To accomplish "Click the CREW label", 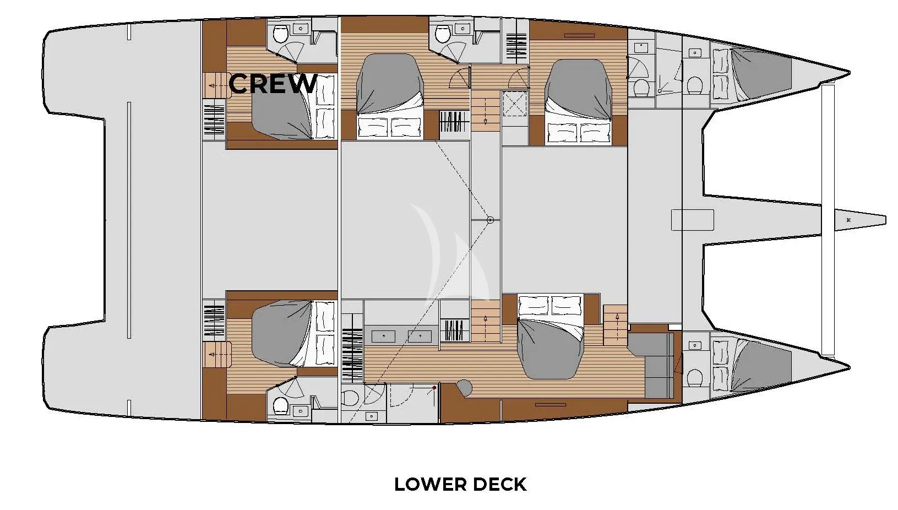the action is (273, 84).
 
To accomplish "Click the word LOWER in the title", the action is (430, 484).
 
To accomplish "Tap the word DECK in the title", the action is (499, 484).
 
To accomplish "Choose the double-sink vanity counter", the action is (401, 336).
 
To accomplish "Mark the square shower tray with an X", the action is (515, 104).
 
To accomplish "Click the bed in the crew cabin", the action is (293, 107).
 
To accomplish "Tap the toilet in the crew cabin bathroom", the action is (280, 35).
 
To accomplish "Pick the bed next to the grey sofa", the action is (550, 337).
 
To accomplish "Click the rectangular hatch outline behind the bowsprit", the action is (692, 220).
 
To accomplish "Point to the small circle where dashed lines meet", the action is (490, 220).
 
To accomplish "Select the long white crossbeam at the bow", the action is (828, 220).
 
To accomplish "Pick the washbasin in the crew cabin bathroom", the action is (300, 29).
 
